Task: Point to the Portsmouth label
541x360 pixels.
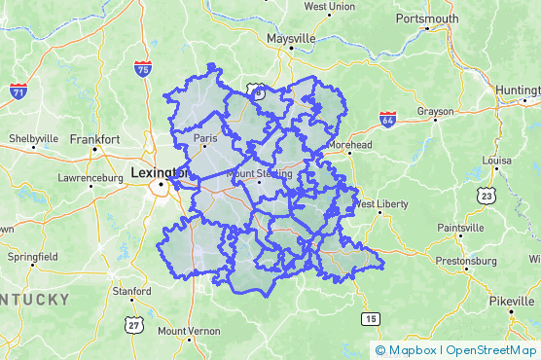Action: [x=427, y=18]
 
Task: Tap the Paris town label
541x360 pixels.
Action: [x=205, y=138]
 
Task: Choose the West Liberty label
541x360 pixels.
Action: [x=378, y=204]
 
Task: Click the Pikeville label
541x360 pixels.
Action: [x=512, y=301]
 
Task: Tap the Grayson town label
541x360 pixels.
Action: [x=436, y=112]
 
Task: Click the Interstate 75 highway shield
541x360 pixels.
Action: [x=143, y=69]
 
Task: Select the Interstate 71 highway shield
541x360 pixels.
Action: [x=18, y=91]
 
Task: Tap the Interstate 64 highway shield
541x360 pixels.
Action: [x=387, y=121]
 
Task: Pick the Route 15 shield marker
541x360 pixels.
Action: [x=370, y=318]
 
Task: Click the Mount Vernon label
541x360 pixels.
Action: [x=189, y=331]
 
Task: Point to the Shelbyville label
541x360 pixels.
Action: [x=34, y=139]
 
